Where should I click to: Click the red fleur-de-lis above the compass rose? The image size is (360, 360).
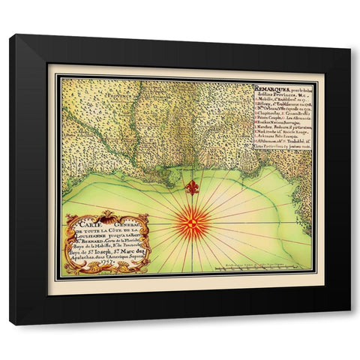(x=193, y=187)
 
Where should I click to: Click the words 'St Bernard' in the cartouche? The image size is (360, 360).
(x=84, y=240)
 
